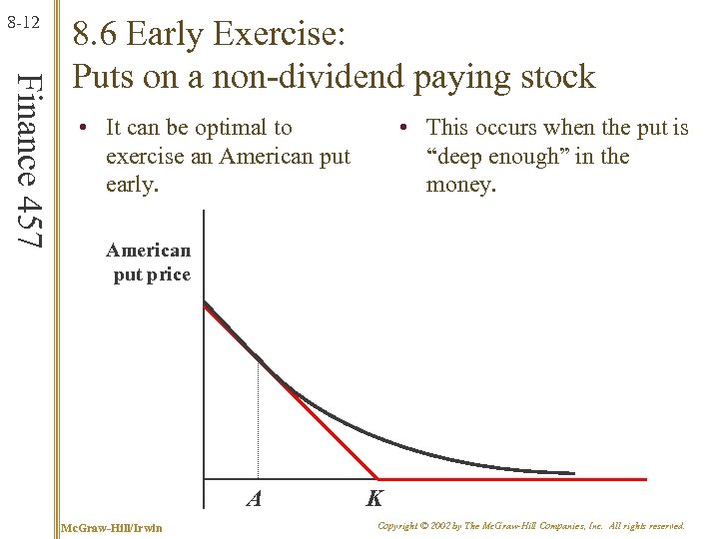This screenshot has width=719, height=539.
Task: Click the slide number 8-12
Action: [21, 20]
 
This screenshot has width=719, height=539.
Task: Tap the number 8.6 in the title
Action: [97, 37]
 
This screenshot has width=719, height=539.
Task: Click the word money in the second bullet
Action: [460, 186]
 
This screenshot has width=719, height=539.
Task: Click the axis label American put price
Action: [149, 263]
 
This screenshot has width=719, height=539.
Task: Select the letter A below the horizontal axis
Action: [255, 498]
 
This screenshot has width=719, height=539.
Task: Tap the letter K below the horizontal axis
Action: [375, 498]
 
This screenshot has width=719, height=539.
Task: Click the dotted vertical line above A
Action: [258, 419]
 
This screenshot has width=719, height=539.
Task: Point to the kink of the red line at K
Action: [377, 478]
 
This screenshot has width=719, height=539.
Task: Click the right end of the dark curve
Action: [573, 472]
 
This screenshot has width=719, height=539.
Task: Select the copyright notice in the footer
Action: [531, 525]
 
